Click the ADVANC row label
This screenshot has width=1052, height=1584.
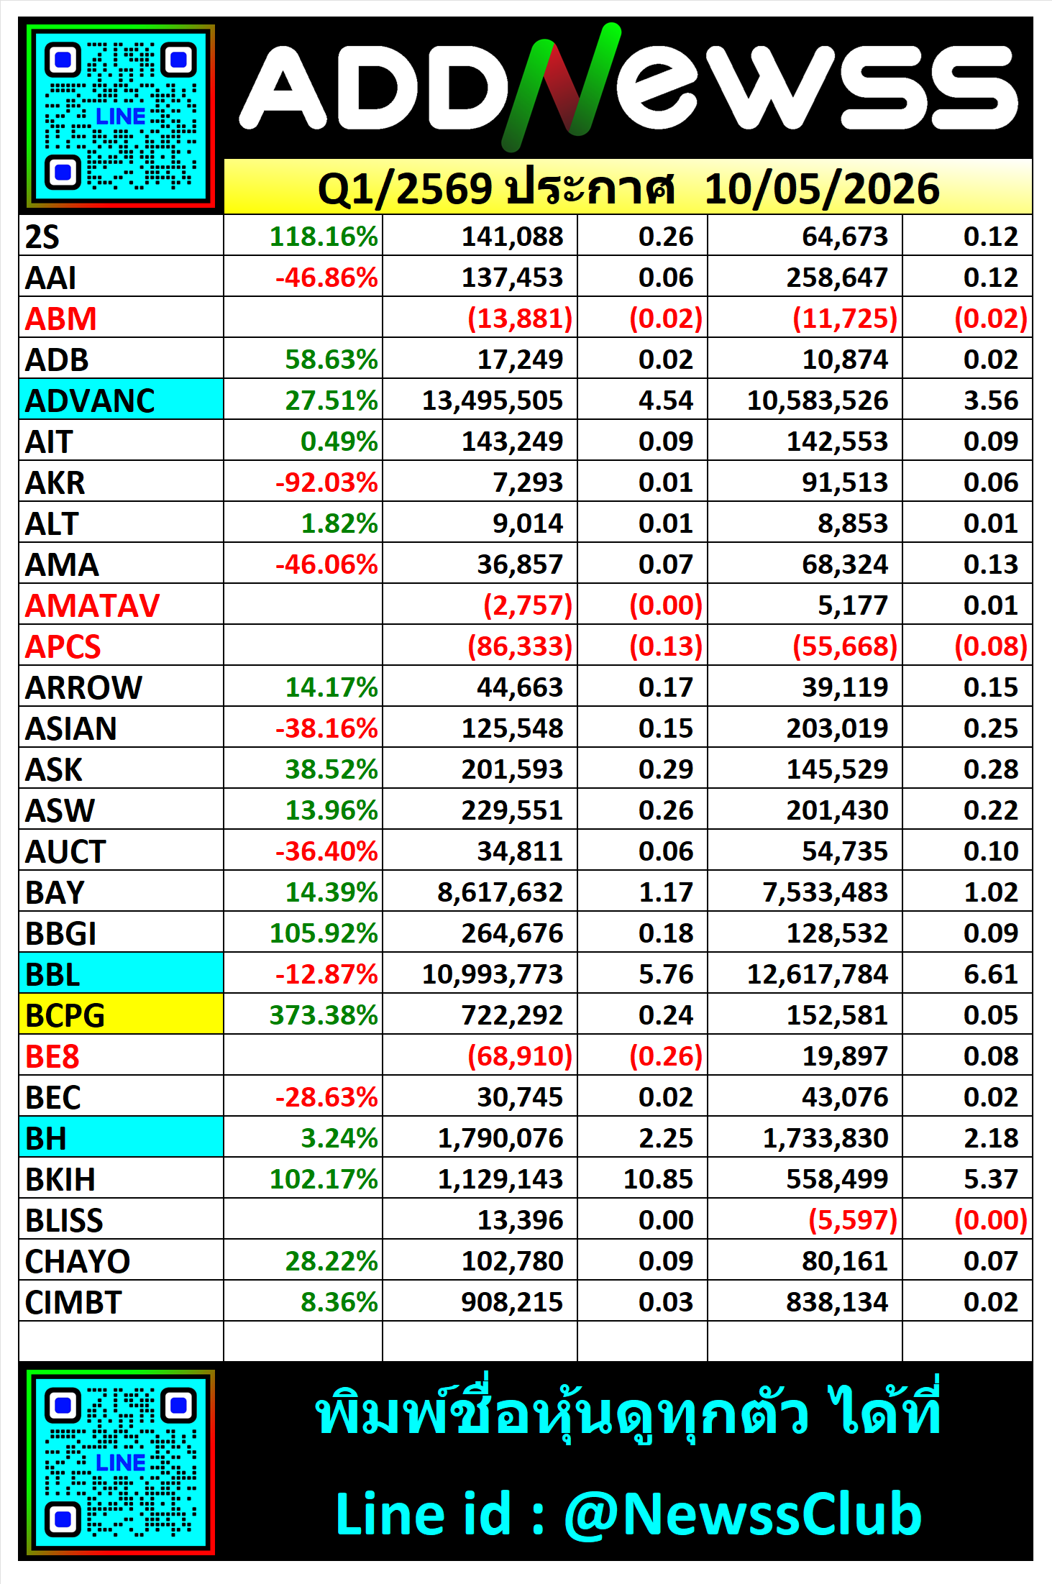pyautogui.click(x=90, y=400)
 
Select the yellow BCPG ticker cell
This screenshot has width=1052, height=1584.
pyautogui.click(x=121, y=1015)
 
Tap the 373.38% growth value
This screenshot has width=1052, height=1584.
pyautogui.click(x=324, y=1015)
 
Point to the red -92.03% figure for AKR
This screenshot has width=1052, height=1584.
pyautogui.click(x=326, y=482)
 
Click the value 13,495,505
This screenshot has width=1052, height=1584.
pyautogui.click(x=493, y=400)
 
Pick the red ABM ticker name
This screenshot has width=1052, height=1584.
pyautogui.click(x=60, y=319)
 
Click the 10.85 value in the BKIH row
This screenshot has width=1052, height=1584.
pyautogui.click(x=658, y=1179)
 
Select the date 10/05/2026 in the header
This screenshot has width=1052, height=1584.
pyautogui.click(x=822, y=189)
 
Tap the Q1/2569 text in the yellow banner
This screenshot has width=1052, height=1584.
pyautogui.click(x=405, y=189)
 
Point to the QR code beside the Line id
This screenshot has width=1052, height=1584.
pyautogui.click(x=121, y=1462)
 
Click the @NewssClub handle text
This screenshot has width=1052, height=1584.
pyautogui.click(x=742, y=1514)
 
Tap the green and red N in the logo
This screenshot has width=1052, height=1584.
pyautogui.click(x=561, y=86)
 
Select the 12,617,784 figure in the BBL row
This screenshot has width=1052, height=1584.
pyautogui.click(x=818, y=974)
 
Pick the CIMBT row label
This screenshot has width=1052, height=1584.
pyautogui.click(x=73, y=1302)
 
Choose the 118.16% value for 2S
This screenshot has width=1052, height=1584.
pyautogui.click(x=324, y=237)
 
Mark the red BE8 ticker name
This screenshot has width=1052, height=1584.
pyautogui.click(x=52, y=1056)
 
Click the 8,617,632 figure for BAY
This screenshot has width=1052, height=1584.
pyautogui.click(x=500, y=892)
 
